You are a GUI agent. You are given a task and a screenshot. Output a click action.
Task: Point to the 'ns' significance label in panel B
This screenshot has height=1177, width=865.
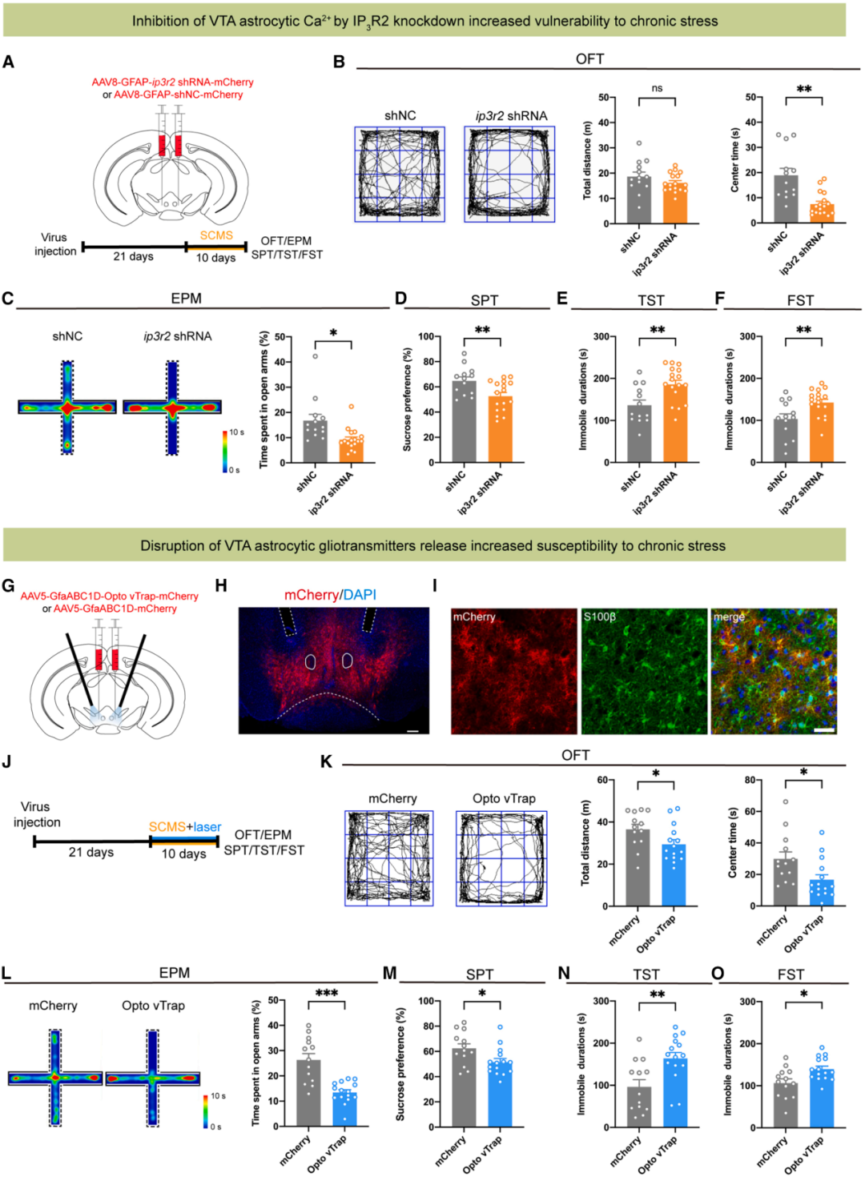click(x=657, y=88)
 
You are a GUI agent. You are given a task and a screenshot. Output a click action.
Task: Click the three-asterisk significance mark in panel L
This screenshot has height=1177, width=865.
click(x=327, y=993)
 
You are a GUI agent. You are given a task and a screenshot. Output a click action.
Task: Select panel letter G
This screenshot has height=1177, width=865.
click(x=9, y=586)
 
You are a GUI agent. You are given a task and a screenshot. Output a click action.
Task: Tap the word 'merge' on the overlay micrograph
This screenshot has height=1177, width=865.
click(x=728, y=617)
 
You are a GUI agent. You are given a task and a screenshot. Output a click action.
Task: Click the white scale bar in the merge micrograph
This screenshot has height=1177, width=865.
click(x=824, y=729)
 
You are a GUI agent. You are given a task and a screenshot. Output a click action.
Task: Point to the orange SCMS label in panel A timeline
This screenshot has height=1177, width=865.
click(x=216, y=235)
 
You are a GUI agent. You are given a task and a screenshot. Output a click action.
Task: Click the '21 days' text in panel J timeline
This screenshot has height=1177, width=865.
click(x=91, y=852)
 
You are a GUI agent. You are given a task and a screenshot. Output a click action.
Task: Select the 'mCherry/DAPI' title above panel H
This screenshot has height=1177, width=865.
click(x=330, y=595)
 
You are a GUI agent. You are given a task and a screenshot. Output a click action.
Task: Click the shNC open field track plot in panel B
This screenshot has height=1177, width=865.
click(x=400, y=174)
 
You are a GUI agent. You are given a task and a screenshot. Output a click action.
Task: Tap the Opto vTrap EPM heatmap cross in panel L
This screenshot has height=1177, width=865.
click(x=152, y=1078)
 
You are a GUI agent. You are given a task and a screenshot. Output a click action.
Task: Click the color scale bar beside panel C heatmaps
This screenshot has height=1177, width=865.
click(x=225, y=452)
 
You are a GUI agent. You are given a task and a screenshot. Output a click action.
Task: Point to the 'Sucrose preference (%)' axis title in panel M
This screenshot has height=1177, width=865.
click(x=400, y=1063)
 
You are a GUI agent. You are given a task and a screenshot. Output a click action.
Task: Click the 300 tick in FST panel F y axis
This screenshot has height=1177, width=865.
click(x=747, y=336)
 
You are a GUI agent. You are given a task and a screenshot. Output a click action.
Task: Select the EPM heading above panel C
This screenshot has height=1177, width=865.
click(x=186, y=298)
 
